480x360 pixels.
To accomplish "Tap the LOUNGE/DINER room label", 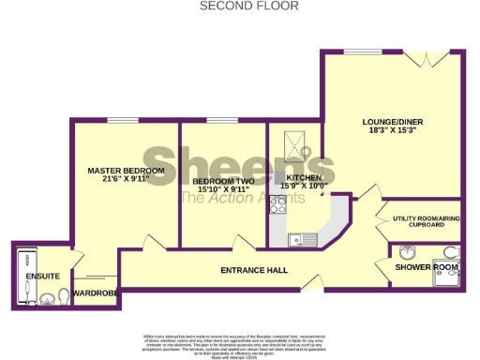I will pos(392,122).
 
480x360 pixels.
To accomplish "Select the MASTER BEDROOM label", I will pos(126,171).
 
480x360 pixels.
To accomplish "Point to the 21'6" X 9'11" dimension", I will pos(126,181).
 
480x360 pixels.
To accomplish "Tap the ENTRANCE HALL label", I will pos(253,271).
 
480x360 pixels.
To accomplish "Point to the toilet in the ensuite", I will pos(63,295).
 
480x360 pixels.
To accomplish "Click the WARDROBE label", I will pos(94,293).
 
